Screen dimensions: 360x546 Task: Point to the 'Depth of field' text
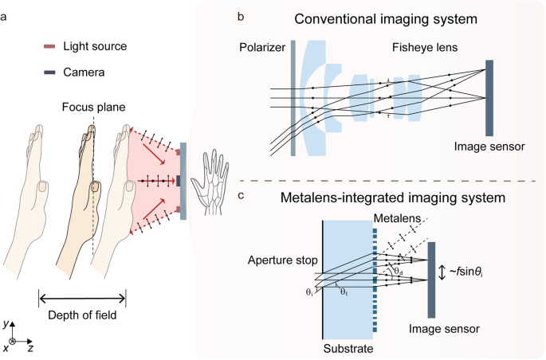coord(82,315)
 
